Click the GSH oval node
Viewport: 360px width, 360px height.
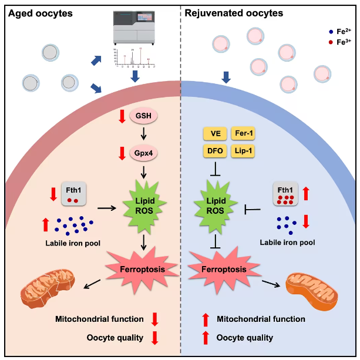144,116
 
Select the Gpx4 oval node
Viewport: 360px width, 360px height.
144,153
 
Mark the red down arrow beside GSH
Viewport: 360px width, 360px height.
122,116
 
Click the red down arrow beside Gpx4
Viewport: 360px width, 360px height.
122,153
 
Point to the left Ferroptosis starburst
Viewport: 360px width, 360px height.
142,267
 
